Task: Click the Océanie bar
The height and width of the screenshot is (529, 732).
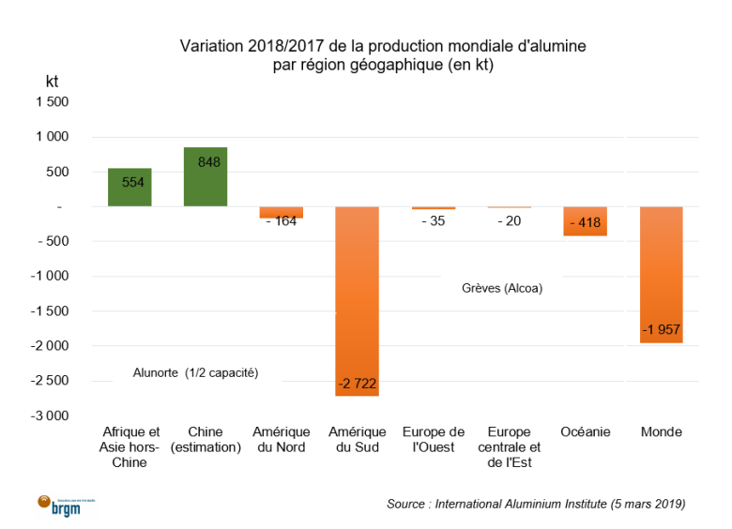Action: click(585, 221)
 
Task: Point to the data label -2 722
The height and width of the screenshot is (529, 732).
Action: click(358, 384)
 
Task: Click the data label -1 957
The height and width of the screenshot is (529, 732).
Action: click(661, 330)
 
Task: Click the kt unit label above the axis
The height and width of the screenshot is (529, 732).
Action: click(53, 82)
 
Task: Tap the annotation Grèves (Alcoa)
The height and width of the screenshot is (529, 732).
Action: click(502, 288)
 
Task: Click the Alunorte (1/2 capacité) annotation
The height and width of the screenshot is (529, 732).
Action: click(195, 372)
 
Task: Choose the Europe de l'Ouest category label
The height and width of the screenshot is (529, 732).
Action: click(433, 439)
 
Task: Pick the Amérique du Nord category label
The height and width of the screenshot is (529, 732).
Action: click(282, 439)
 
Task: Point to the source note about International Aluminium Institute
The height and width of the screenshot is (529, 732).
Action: click(536, 504)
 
